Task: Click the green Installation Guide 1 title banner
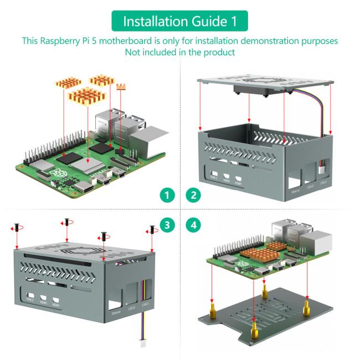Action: (179, 22)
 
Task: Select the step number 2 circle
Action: (193, 195)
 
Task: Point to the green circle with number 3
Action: (167, 225)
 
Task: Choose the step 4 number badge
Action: (193, 225)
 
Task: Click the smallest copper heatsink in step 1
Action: (121, 86)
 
